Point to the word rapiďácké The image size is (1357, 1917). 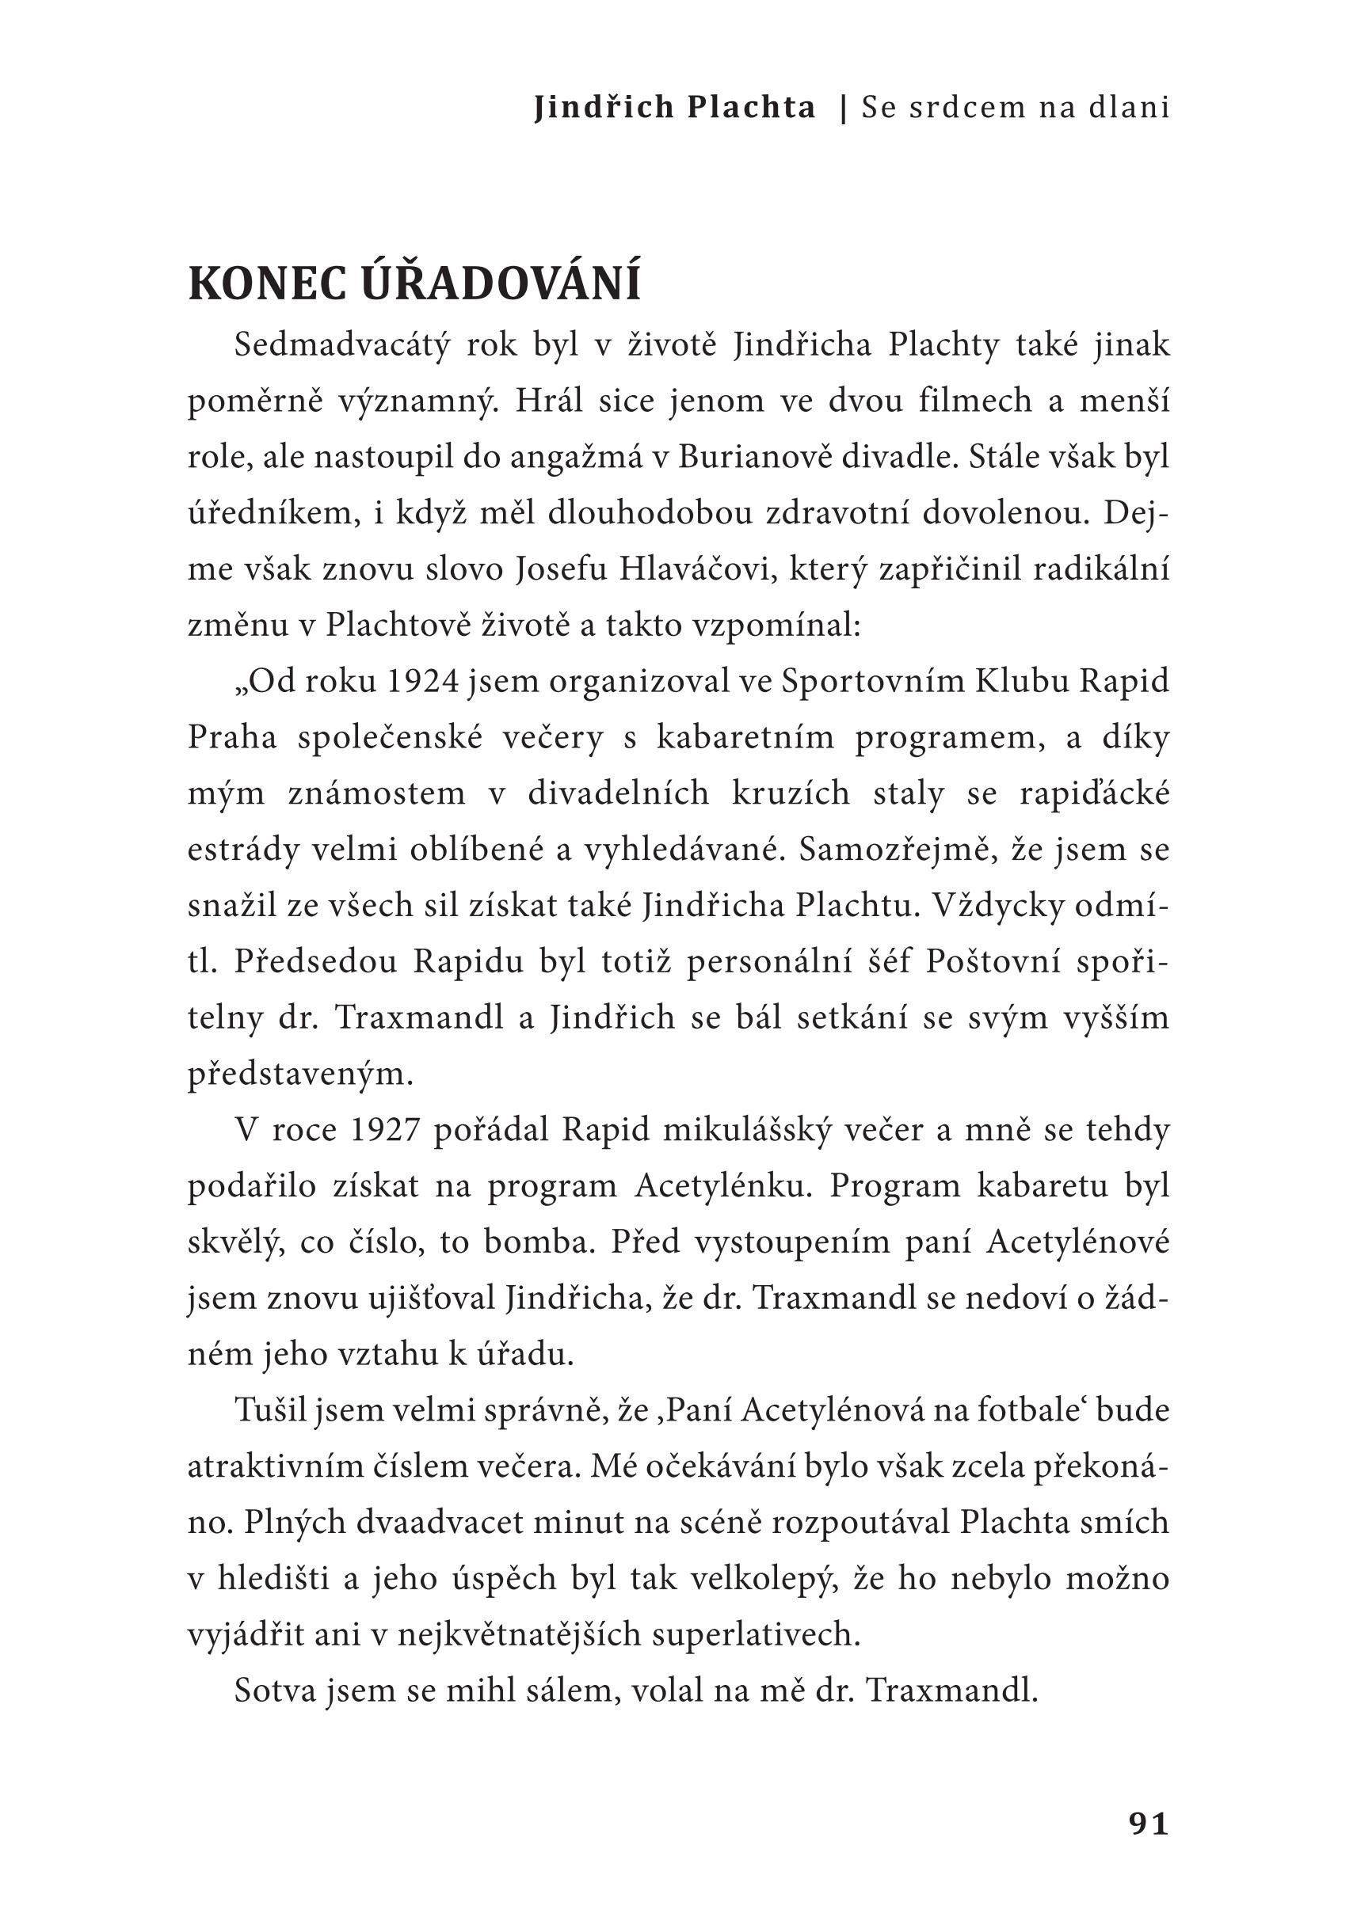[1094, 793]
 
